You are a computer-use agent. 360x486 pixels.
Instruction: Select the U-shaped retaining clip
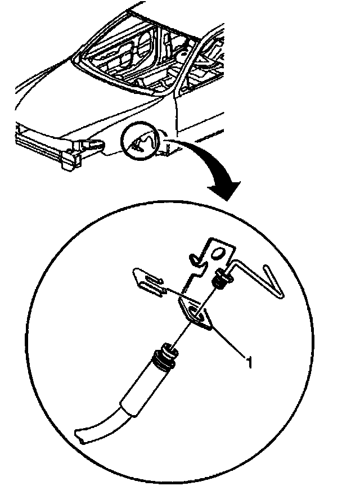tap(147, 279)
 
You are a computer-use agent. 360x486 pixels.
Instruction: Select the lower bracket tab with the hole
tap(196, 313)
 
